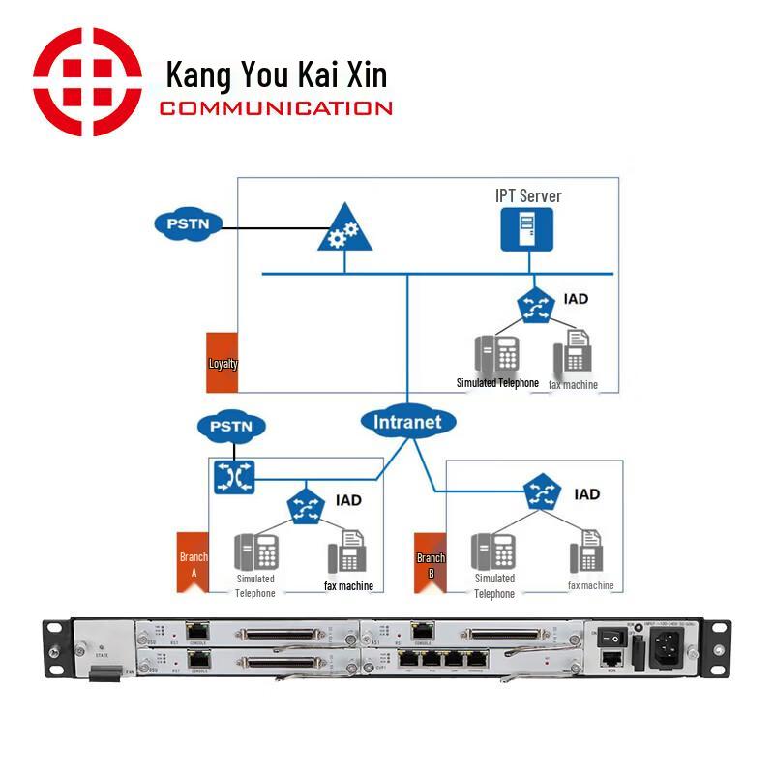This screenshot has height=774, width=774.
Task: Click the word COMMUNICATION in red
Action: (x=276, y=108)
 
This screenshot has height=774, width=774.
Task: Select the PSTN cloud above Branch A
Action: (x=230, y=426)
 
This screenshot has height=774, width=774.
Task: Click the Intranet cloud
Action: (x=407, y=422)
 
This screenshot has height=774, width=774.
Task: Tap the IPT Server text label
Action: (x=528, y=196)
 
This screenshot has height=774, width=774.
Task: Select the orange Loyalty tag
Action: (x=223, y=363)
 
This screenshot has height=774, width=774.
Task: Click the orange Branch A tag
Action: (x=193, y=562)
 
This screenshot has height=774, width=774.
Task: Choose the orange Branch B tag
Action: (x=431, y=562)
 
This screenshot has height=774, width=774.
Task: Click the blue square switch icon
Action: (x=233, y=474)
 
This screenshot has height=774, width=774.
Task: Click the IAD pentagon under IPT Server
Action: (x=533, y=305)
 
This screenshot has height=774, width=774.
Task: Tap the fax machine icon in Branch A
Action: (x=346, y=553)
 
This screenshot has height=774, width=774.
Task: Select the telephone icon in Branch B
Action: (x=493, y=552)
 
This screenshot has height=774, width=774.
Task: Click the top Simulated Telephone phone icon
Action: (x=497, y=355)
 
